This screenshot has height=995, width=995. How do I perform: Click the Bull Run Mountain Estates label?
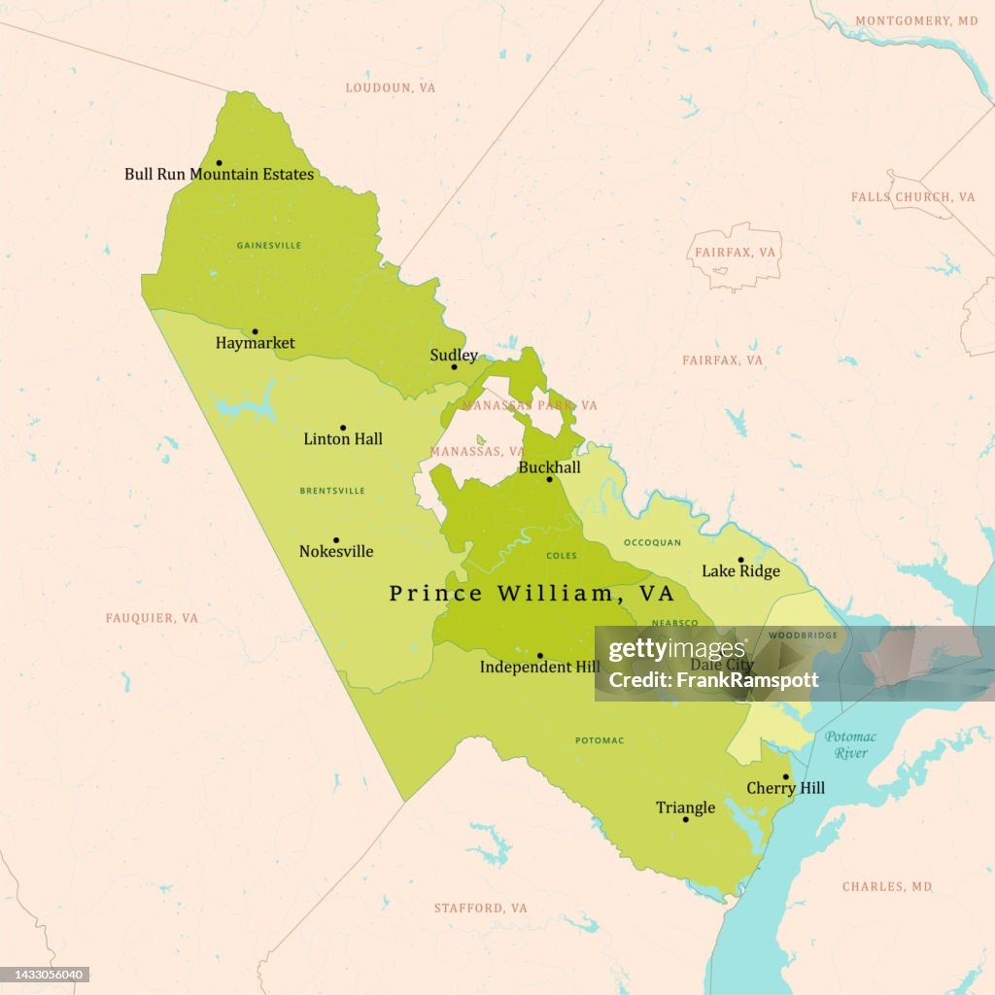219,175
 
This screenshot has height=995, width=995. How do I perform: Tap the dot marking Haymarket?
255,331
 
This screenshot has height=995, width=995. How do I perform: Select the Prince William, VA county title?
532,593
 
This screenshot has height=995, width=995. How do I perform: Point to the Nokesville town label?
336,552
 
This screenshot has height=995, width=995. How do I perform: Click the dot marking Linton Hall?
342,428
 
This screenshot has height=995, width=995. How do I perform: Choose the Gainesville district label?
269,246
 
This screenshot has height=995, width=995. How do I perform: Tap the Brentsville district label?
332,491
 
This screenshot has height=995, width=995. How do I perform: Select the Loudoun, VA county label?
391,87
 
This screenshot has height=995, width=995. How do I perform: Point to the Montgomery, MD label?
916,20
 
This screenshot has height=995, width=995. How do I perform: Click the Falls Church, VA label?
912,197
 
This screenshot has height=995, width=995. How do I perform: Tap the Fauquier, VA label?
152,618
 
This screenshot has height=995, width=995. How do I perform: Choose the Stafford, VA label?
480,909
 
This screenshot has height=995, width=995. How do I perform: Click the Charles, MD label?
887,887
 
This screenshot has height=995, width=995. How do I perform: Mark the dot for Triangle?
685,820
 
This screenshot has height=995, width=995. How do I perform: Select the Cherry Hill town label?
785,789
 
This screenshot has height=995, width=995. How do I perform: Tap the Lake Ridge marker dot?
740,560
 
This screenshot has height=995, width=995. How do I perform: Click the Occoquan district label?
652,542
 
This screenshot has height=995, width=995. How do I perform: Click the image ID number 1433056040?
47,975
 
